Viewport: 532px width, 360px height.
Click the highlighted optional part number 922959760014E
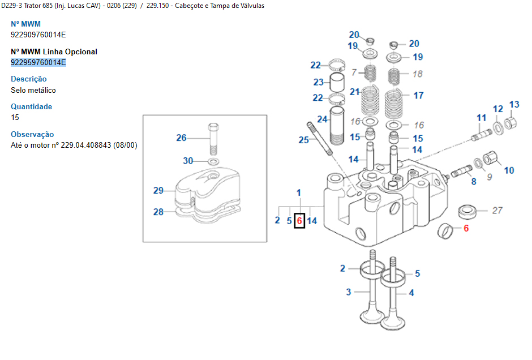tap(38, 62)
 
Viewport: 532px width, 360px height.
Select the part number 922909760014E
tap(38, 35)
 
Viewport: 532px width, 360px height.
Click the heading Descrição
tap(29, 79)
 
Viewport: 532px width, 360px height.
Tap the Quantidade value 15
tap(15, 118)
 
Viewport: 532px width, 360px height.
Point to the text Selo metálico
tap(33, 90)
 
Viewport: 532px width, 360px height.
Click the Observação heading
tap(33, 135)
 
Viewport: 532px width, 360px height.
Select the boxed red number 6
tap(299, 221)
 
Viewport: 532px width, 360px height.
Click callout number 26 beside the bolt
tap(181, 138)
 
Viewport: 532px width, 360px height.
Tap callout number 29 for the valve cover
tap(158, 191)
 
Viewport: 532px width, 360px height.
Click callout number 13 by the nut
tap(514, 105)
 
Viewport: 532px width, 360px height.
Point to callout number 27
tap(497, 211)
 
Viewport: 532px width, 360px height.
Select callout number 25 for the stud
tap(304, 139)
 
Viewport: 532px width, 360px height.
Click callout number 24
tap(322, 119)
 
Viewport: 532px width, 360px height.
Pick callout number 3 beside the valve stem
tap(349, 292)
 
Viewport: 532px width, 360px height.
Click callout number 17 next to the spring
tap(418, 96)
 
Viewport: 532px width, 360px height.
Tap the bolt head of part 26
tap(213, 126)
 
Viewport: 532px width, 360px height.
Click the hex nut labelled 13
tap(508, 121)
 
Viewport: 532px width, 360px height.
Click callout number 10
tap(509, 170)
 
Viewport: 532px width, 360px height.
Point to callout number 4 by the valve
tap(411, 293)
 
